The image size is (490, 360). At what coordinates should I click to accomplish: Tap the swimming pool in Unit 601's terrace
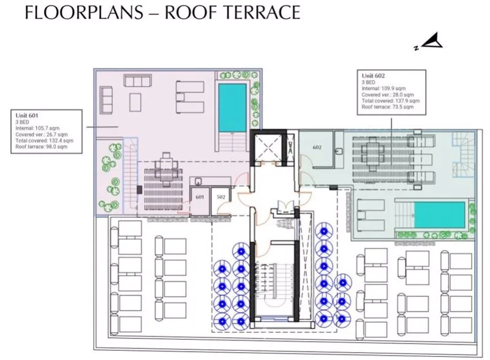tap(232, 108)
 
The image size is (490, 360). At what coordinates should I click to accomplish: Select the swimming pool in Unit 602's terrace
tap(439, 215)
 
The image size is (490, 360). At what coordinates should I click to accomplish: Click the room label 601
tap(200, 197)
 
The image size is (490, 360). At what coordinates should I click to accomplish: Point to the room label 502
tap(221, 197)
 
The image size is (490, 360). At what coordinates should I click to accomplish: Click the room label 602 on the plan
tap(317, 147)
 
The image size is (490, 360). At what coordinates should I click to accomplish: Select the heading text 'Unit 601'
tap(27, 116)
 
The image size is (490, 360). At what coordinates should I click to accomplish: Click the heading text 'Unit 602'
tap(373, 76)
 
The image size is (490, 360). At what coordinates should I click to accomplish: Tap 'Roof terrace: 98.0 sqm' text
tap(41, 146)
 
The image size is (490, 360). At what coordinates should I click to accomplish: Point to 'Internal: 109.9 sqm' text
tap(383, 88)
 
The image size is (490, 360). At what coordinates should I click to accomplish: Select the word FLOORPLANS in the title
tap(84, 12)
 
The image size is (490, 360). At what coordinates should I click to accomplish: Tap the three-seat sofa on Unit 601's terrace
tap(138, 80)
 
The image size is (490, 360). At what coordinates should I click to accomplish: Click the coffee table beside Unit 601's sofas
tap(135, 102)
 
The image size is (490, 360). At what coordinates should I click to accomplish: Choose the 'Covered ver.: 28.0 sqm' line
tap(388, 94)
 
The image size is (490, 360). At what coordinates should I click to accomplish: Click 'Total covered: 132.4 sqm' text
tap(44, 141)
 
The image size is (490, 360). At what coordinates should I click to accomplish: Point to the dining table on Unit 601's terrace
tap(166, 170)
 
